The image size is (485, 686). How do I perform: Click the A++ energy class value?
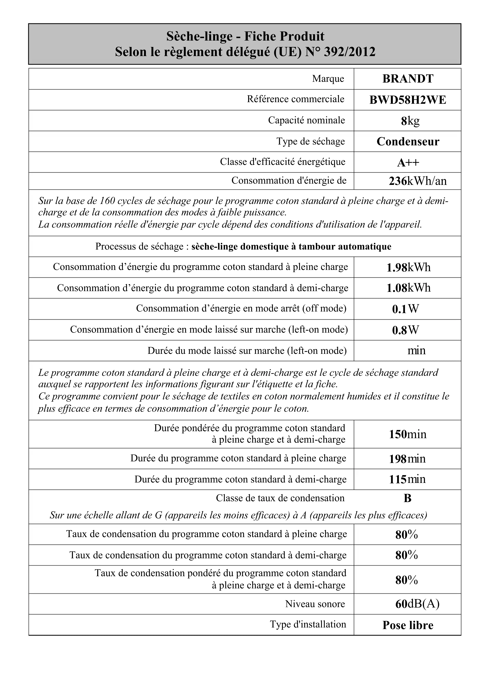408,163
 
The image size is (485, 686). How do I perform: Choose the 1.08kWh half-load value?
408,288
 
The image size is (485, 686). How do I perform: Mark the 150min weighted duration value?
408,434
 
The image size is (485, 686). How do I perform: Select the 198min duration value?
407,459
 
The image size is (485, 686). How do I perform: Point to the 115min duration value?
407,479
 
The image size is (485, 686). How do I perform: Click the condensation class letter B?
407,498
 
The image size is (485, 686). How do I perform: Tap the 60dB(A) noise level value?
417,604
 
